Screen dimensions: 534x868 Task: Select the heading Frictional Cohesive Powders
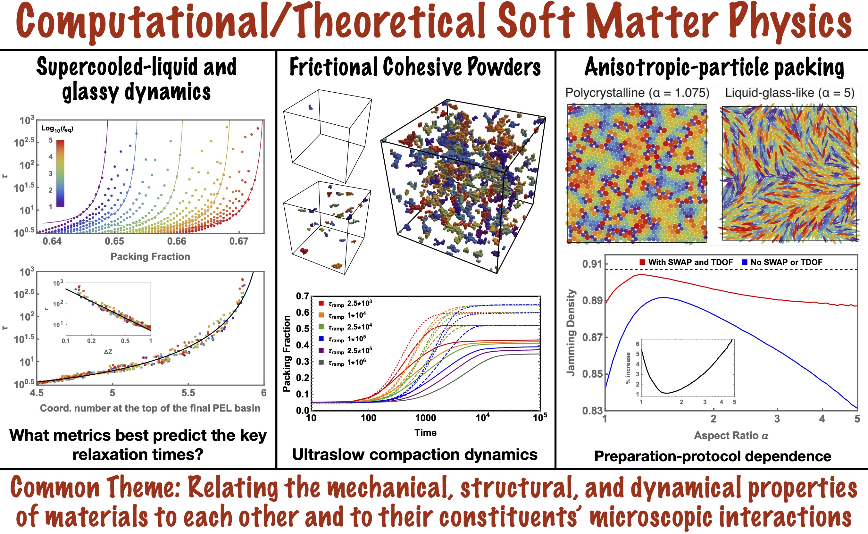(415, 67)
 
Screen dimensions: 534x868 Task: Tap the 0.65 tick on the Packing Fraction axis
(114, 241)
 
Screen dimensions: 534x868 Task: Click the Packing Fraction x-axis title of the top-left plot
(150, 256)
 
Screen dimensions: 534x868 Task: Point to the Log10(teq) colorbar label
(57, 129)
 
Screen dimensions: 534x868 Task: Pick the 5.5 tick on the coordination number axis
(188, 393)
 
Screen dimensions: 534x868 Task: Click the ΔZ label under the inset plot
(108, 352)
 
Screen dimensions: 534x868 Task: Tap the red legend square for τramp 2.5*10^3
(321, 303)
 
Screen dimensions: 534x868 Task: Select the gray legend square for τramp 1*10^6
(321, 362)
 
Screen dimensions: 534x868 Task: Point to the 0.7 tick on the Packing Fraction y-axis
(302, 296)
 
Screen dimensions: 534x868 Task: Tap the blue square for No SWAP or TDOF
(744, 262)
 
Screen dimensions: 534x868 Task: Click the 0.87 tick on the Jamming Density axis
(592, 337)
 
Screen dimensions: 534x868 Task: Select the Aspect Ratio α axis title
(731, 436)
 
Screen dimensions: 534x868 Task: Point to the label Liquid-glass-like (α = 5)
(789, 93)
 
